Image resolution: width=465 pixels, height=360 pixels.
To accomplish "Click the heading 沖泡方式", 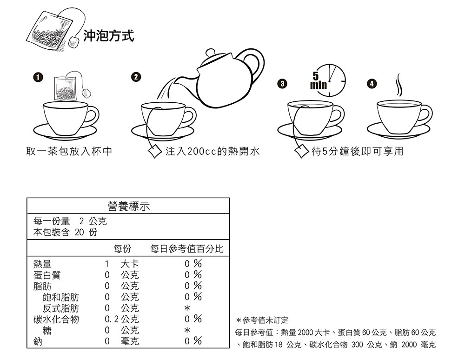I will click(109, 36).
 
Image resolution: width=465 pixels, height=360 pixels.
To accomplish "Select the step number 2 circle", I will click(135, 77).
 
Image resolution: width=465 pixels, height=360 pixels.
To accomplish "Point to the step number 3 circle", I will click(280, 84).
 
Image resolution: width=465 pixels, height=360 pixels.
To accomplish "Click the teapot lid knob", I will click(211, 52).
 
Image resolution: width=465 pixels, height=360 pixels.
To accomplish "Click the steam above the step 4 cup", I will click(399, 85).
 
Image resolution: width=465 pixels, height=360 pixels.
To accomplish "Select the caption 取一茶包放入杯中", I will click(69, 152).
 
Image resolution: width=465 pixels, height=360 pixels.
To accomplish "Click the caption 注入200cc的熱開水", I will click(212, 152).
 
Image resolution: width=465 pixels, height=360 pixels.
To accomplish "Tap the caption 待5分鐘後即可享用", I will click(358, 152).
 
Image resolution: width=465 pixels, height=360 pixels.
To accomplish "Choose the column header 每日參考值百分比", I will click(186, 249).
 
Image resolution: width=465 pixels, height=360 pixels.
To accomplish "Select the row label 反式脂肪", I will click(60, 308).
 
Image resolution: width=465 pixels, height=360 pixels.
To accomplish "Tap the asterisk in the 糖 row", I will click(186, 331).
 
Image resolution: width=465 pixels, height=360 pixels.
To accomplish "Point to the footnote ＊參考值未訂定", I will click(262, 321).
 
